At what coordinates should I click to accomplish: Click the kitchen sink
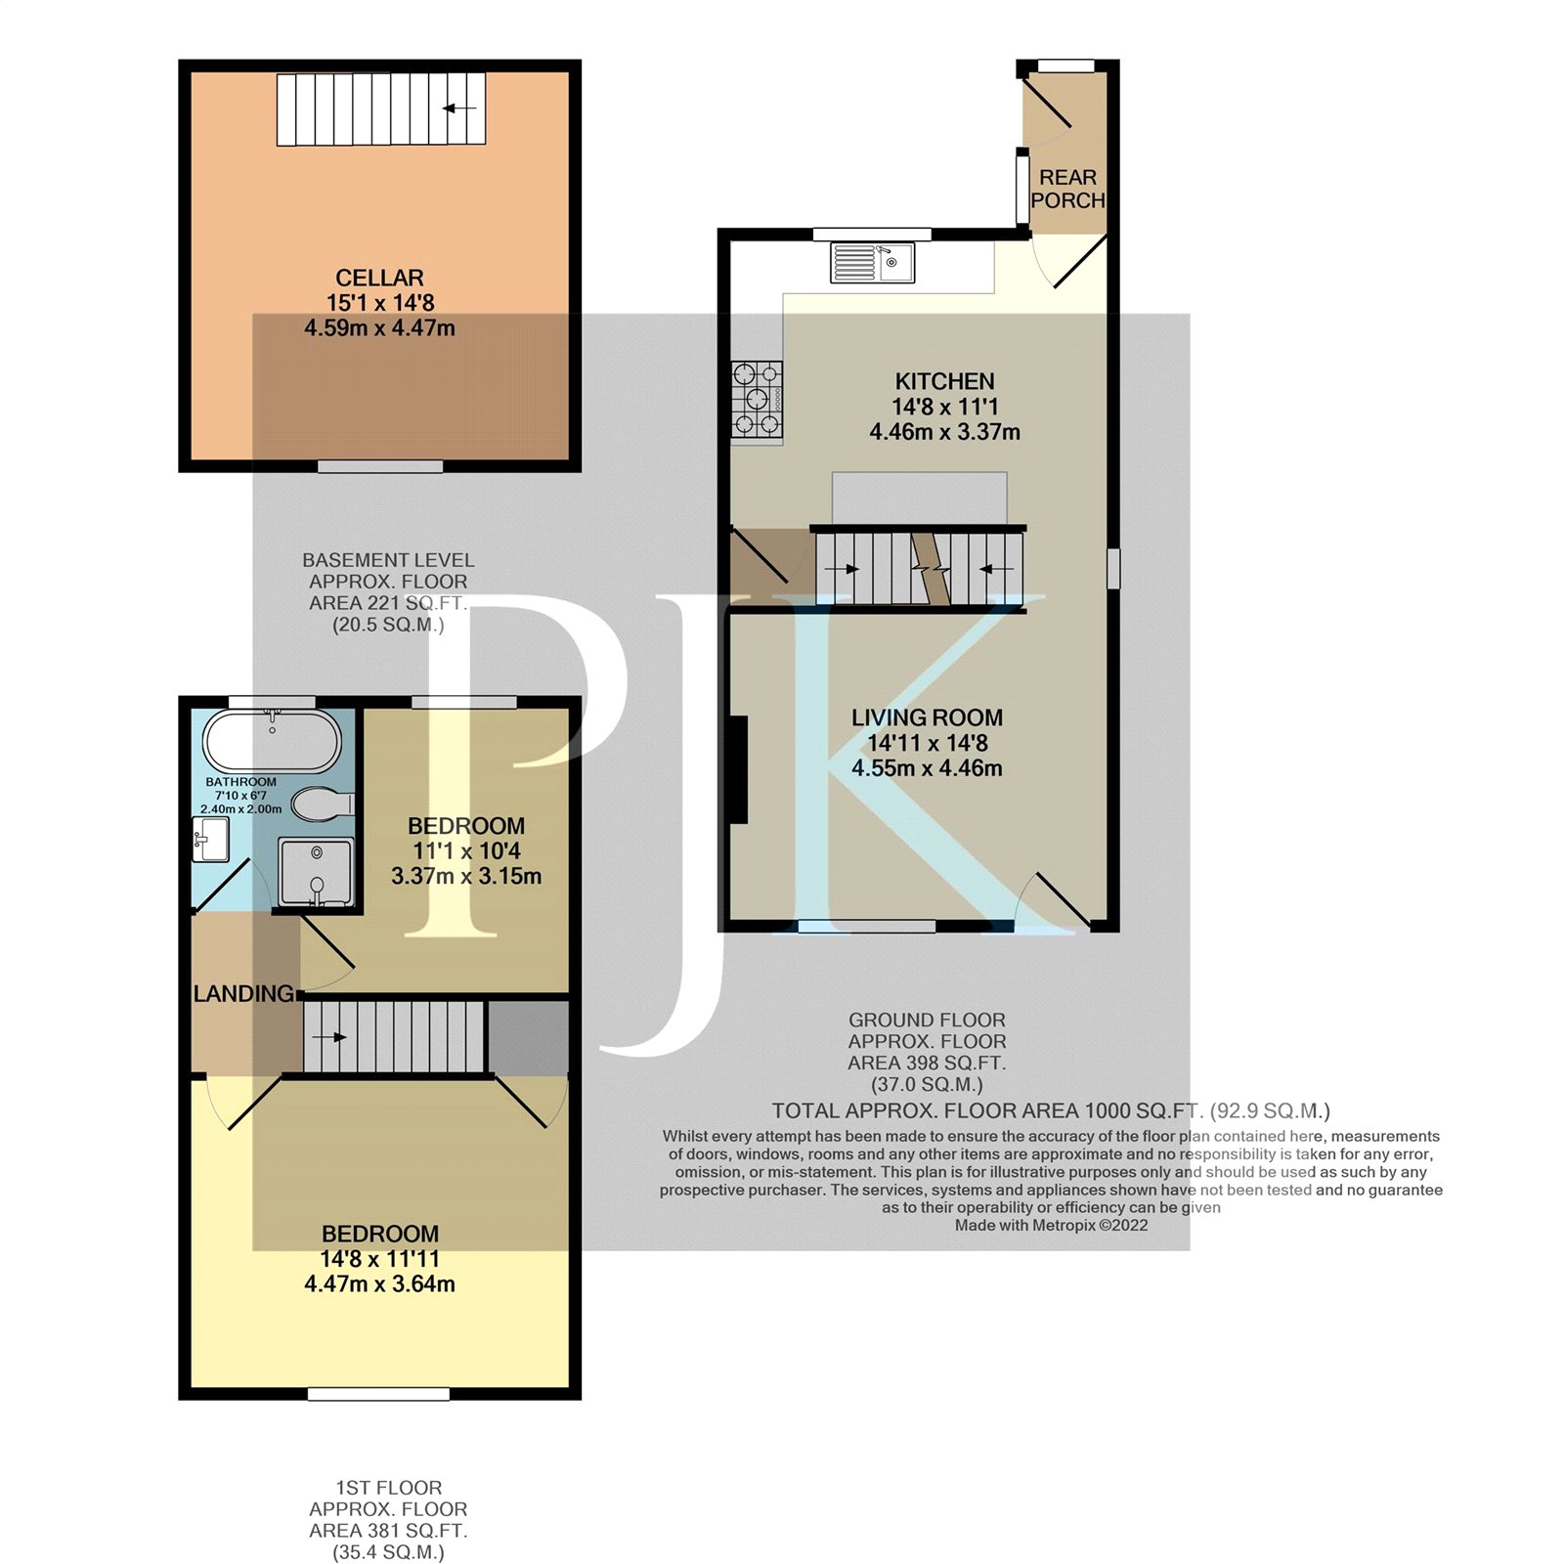click(873, 262)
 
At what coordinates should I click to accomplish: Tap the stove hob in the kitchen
click(758, 399)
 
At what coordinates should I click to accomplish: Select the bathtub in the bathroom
click(272, 742)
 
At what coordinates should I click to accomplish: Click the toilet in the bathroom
click(323, 804)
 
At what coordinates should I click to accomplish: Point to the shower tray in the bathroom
click(316, 872)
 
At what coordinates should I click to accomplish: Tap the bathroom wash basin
click(210, 840)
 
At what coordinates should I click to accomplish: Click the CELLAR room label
click(379, 278)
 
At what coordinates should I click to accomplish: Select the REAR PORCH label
click(1067, 189)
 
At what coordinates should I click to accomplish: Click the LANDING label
click(243, 994)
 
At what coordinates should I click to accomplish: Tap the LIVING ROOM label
click(927, 717)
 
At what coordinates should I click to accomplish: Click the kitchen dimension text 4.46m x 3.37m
click(945, 432)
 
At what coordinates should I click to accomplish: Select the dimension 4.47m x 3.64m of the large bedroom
click(379, 1284)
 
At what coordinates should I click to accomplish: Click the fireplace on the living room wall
click(739, 769)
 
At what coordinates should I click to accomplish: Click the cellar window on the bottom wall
click(380, 466)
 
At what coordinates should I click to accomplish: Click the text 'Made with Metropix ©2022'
click(1051, 1226)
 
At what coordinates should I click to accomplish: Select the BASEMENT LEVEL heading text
click(388, 560)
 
